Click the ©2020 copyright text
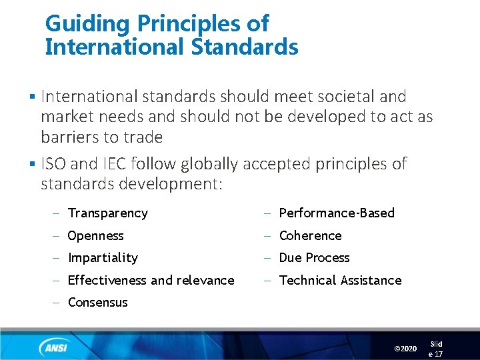click(x=405, y=349)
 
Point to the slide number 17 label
click(x=436, y=349)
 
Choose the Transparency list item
click(x=107, y=213)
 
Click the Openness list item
click(x=95, y=236)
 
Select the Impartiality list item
click(x=103, y=258)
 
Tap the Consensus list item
click(x=97, y=303)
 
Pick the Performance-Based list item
click(x=337, y=213)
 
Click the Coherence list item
click(x=310, y=236)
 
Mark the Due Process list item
click(x=314, y=258)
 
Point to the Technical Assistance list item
click(x=340, y=281)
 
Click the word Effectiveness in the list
click(x=107, y=281)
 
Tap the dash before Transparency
click(x=57, y=213)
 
